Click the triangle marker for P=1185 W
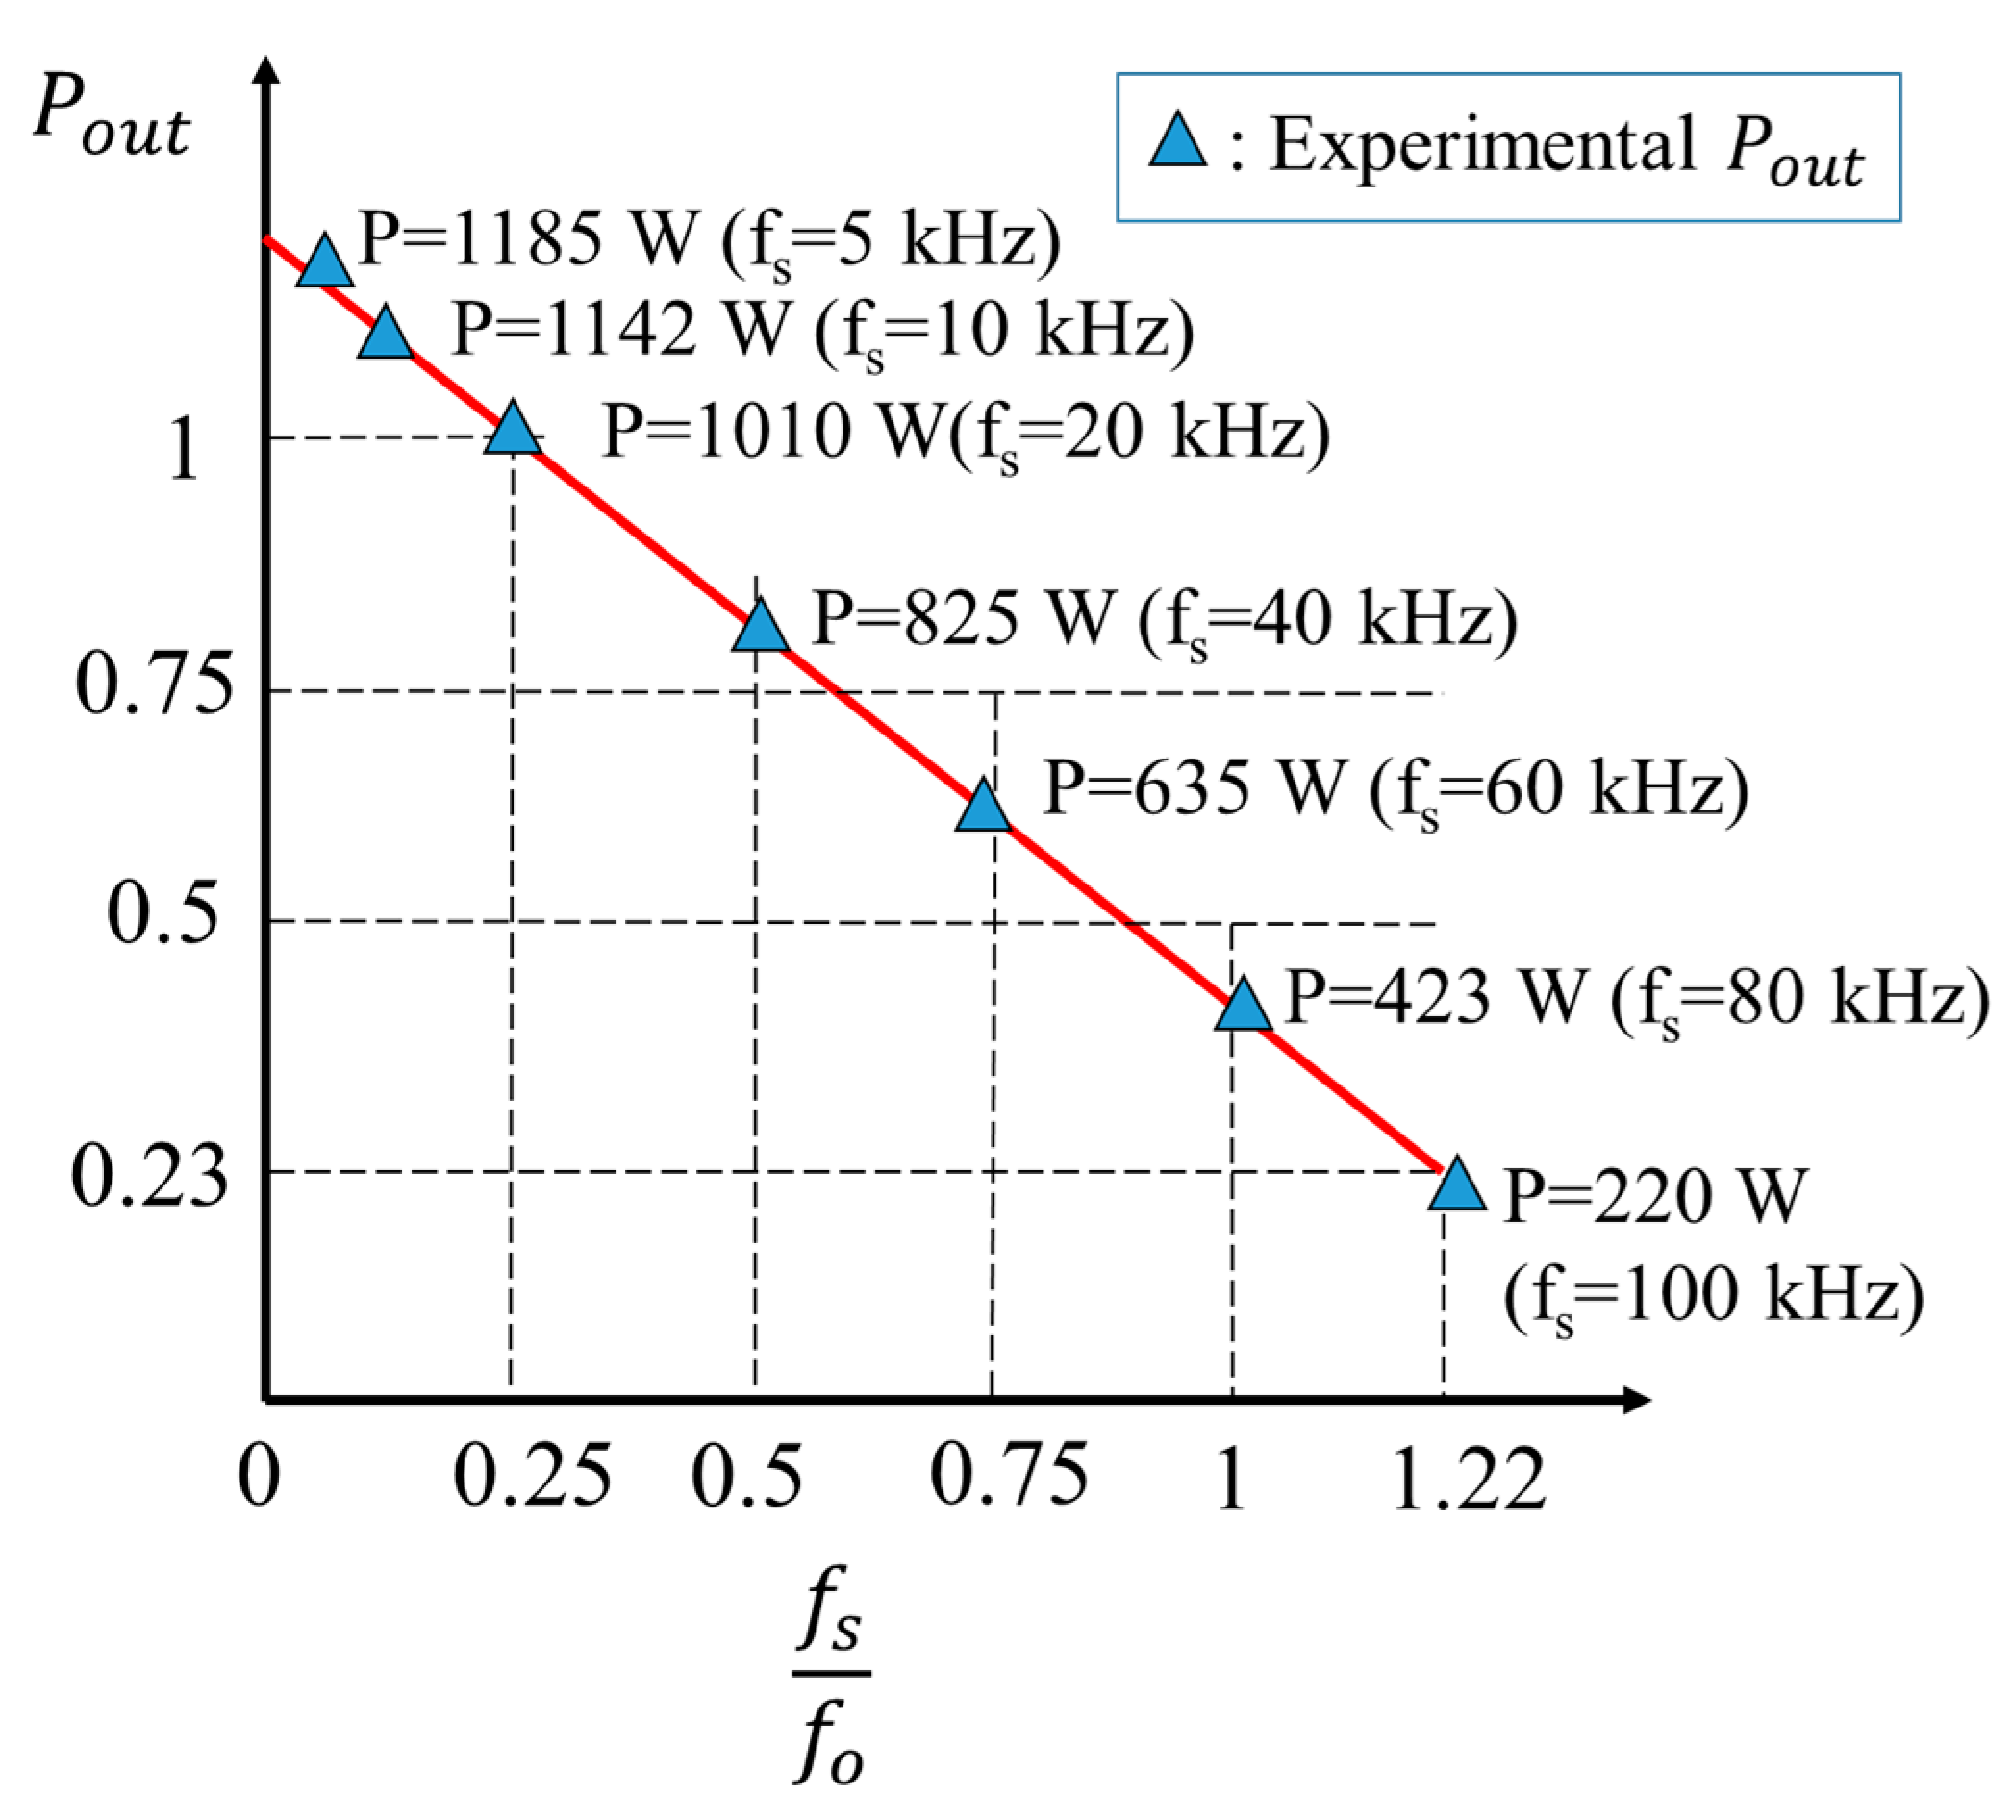[324, 264]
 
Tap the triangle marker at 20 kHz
[513, 431]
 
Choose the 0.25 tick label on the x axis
[531, 1477]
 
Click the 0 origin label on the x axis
[259, 1477]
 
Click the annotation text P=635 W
[1194, 787]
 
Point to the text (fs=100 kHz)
[1713, 1297]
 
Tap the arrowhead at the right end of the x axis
[1637, 1400]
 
